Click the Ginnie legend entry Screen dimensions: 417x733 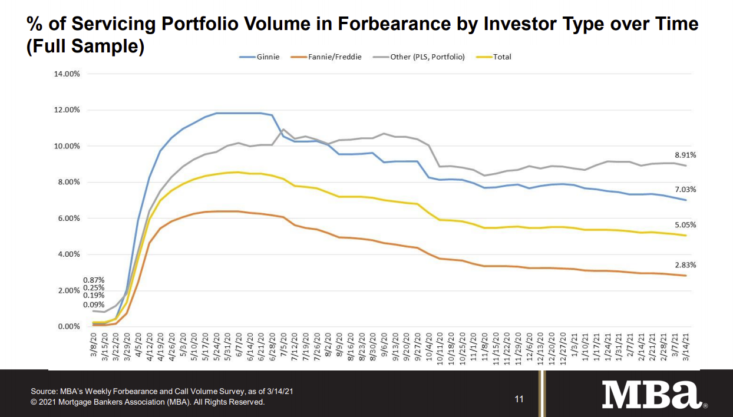coord(259,57)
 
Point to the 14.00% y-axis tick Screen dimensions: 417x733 coord(67,74)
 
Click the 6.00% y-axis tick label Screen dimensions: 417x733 coord(68,219)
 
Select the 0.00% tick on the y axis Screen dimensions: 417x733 coord(68,327)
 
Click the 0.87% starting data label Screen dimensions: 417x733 coord(93,280)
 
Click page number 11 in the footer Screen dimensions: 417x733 coord(519,399)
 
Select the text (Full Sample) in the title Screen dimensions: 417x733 coord(85,47)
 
